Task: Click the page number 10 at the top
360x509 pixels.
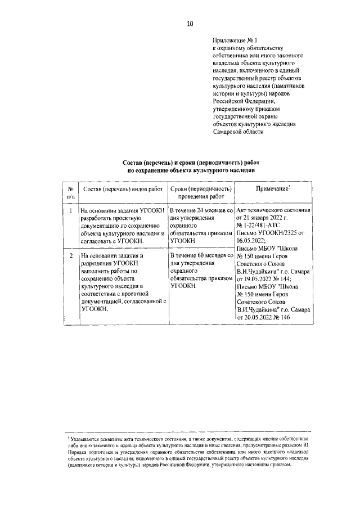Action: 190,24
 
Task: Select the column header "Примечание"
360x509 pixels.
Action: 272,188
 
